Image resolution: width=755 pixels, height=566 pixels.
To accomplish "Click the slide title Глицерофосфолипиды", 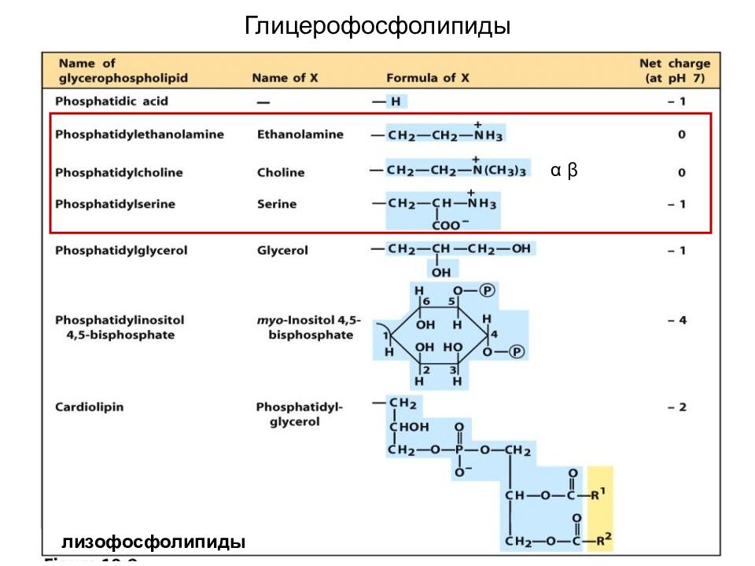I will (377, 27).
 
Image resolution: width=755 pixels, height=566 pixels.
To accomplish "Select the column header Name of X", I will (285, 78).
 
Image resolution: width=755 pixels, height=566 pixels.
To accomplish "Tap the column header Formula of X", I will (427, 78).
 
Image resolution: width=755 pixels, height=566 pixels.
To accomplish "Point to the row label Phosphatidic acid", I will (111, 101).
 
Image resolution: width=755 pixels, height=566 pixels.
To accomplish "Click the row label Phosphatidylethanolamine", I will (139, 134).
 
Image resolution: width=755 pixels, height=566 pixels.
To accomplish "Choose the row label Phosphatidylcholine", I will (119, 172).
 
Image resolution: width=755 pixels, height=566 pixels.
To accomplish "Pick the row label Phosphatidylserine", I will (115, 204).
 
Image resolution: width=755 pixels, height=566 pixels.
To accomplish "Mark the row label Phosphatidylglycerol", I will (120, 251).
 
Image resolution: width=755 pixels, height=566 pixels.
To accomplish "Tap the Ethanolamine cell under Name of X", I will (300, 134).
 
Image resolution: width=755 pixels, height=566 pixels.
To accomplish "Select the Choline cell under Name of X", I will (281, 172).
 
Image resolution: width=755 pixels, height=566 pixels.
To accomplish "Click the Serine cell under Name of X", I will (277, 204).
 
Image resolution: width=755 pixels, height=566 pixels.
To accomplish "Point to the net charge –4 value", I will (676, 321).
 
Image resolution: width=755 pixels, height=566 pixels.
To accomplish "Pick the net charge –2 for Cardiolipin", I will (676, 407).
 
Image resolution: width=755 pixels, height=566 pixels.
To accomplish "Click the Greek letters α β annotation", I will (564, 170).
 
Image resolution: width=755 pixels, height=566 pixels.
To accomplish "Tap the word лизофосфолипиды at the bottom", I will (153, 542).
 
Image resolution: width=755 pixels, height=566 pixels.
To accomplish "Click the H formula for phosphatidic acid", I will (396, 101).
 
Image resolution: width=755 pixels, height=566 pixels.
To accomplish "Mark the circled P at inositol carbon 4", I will (517, 351).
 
